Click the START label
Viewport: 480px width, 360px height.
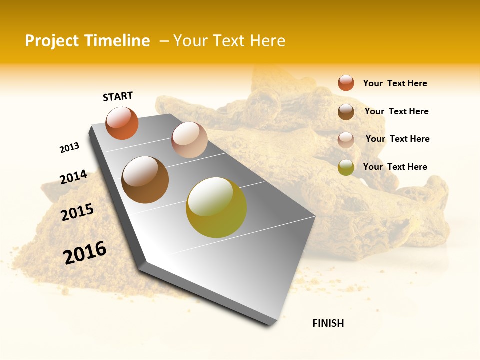118,96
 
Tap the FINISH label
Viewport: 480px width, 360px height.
328,323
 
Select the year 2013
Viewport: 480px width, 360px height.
69,148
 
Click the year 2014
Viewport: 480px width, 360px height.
73,177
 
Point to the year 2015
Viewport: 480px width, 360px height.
77,212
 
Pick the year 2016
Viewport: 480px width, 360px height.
85,253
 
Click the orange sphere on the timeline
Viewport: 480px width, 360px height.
122,123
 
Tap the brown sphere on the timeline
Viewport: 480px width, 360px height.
145,180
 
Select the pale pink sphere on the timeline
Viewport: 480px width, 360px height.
189,140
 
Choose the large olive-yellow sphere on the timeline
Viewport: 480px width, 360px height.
216,207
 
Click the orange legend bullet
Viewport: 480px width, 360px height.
346,83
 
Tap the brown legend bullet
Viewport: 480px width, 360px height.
346,112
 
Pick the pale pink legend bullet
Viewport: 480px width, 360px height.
346,140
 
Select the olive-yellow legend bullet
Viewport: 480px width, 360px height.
346,167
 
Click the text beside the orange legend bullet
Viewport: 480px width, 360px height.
395,83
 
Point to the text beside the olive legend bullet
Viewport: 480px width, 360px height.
395,167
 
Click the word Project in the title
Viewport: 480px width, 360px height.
51,41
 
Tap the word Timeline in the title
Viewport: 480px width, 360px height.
119,41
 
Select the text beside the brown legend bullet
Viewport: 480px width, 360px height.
396,111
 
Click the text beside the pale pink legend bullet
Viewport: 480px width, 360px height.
397,139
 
